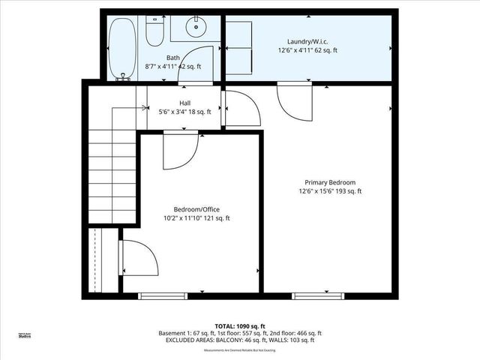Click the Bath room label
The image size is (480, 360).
(173, 58)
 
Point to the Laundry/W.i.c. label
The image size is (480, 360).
(308, 41)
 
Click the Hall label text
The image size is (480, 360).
(185, 103)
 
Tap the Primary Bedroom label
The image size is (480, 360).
(330, 182)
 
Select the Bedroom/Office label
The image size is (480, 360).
(196, 209)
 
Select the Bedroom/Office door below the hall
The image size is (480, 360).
(180, 148)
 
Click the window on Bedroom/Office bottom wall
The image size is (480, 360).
(162, 295)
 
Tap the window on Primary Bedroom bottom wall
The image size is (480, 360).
(314, 295)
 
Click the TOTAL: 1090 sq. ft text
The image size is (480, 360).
(240, 325)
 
